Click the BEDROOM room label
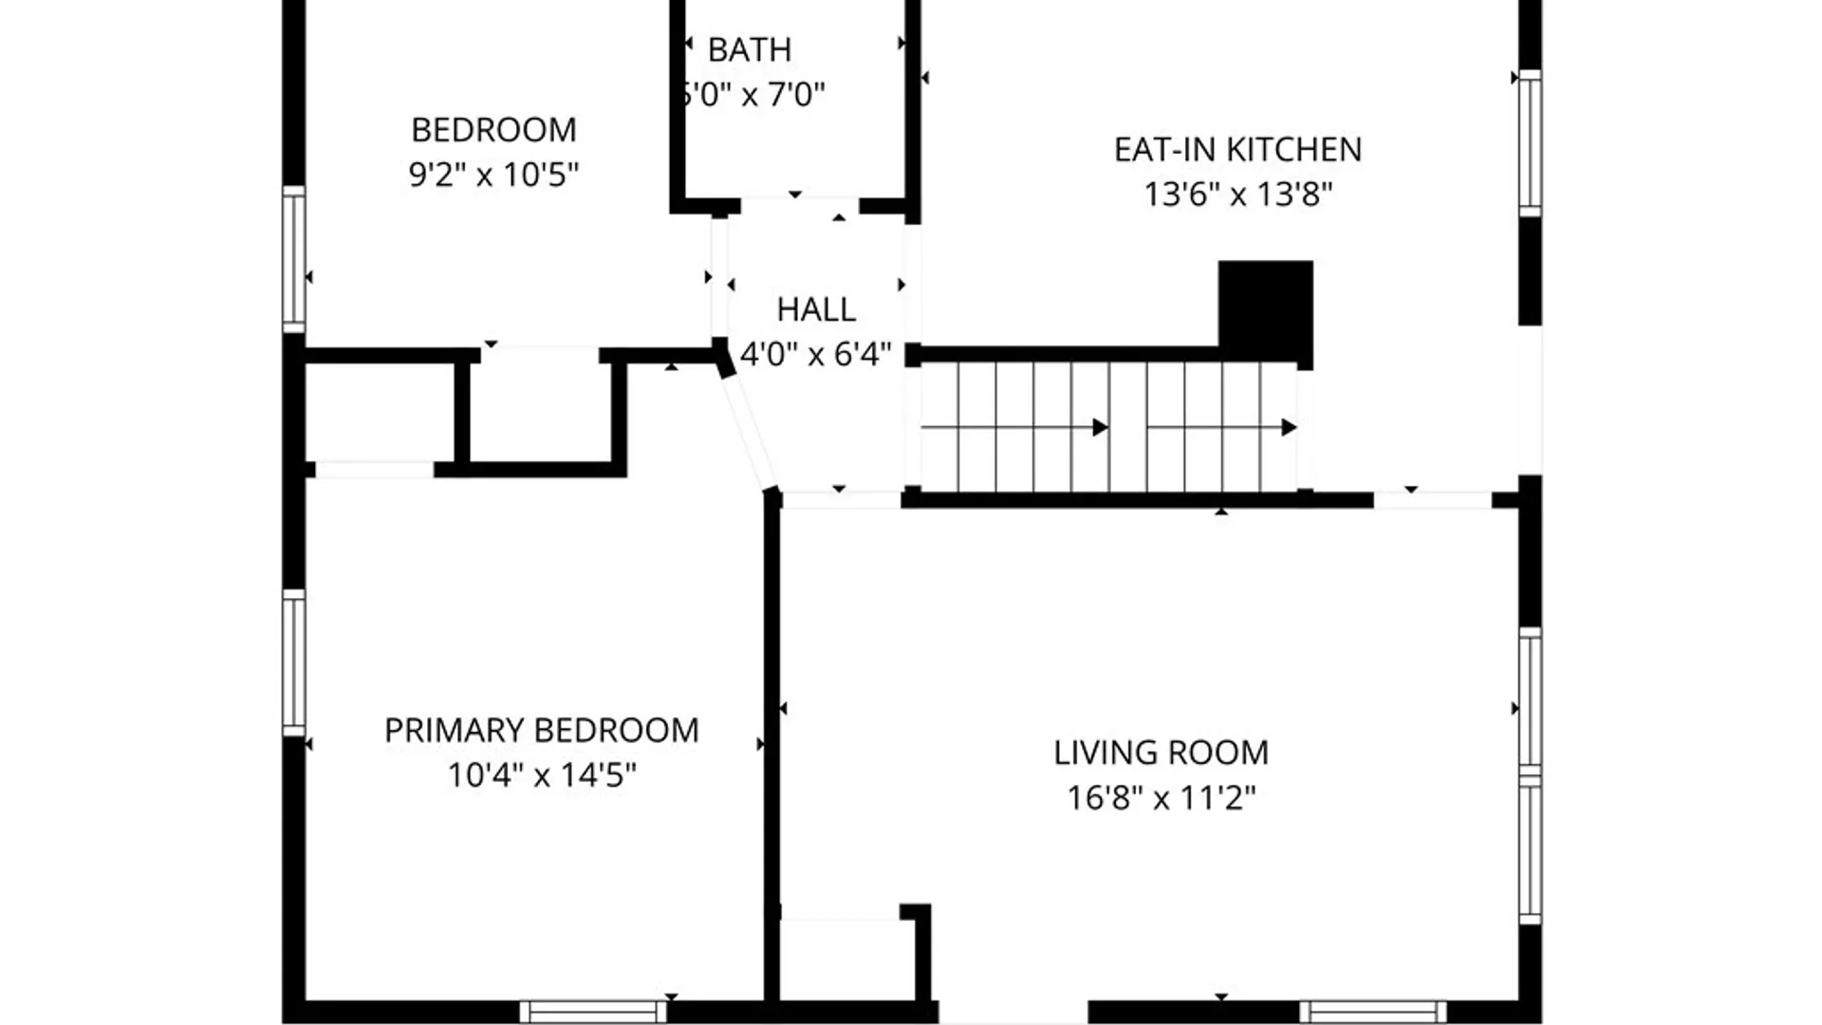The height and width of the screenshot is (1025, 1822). click(493, 129)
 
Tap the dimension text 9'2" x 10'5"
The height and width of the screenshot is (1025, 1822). click(493, 175)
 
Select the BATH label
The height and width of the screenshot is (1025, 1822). click(749, 49)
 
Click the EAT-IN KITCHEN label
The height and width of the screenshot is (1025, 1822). click(1237, 149)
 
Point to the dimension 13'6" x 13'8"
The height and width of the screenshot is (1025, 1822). click(1237, 195)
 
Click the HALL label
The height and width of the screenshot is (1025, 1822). click(816, 309)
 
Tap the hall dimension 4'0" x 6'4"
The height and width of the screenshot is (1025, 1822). click(816, 355)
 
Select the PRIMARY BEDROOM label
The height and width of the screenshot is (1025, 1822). click(541, 730)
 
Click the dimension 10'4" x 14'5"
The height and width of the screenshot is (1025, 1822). click(541, 775)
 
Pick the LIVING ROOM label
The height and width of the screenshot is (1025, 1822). click(1161, 753)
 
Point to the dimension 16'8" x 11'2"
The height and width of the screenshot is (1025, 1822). click(1161, 798)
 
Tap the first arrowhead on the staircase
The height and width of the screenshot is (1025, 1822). click(1100, 427)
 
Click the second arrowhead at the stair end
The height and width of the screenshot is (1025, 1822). click(1289, 427)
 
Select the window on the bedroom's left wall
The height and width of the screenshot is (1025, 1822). click(294, 259)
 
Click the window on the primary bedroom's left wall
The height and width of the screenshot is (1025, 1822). click(294, 662)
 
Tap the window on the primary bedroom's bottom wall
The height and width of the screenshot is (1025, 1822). click(593, 1012)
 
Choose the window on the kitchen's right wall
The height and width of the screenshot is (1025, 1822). click(1529, 143)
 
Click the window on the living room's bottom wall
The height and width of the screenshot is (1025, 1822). click(1372, 1012)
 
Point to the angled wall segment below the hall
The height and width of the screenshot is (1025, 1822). click(747, 430)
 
